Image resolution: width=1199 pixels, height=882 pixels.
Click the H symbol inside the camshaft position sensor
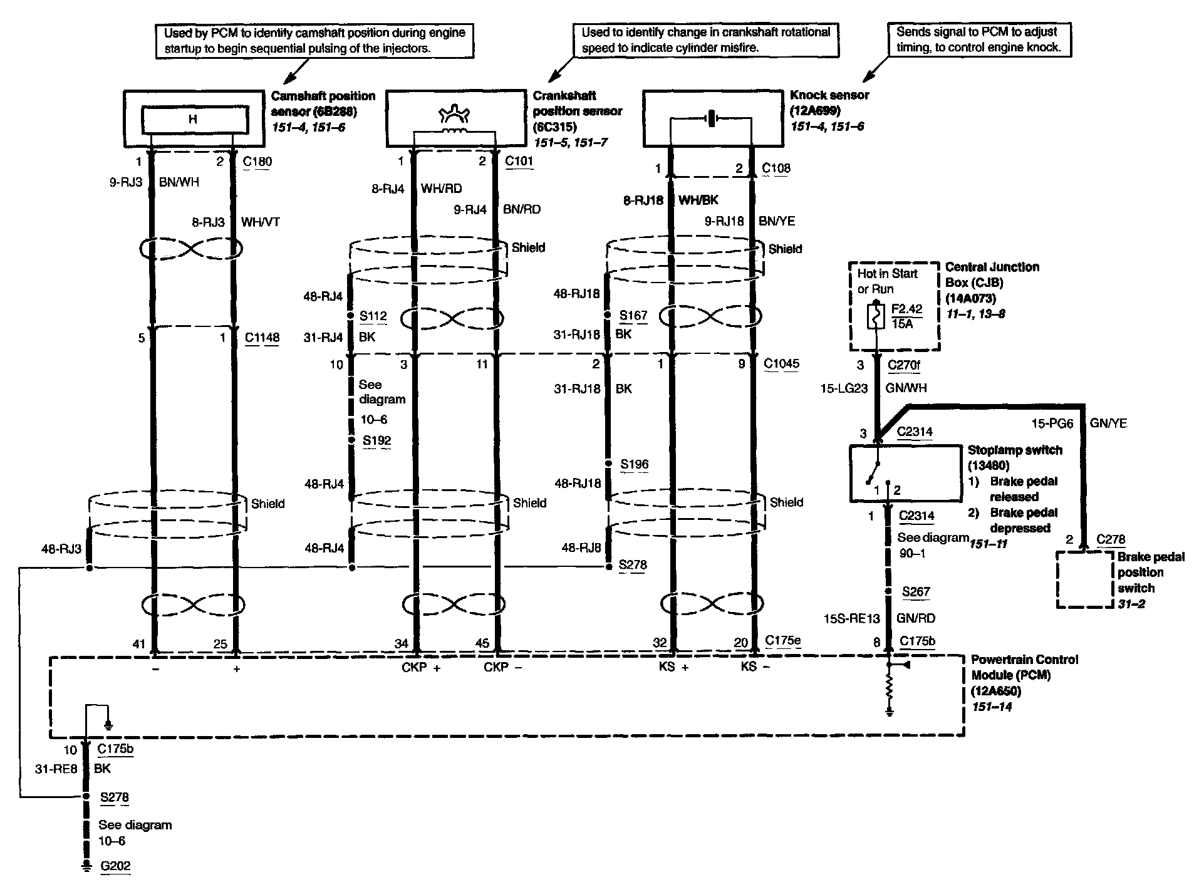point(192,118)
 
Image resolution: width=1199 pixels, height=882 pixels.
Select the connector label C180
point(257,162)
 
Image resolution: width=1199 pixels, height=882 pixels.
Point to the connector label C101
point(519,161)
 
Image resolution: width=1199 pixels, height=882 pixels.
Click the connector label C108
point(776,168)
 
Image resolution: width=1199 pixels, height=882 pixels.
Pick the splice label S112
point(373,316)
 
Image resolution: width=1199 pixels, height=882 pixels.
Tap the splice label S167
point(633,315)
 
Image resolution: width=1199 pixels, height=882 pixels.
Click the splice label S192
point(376,440)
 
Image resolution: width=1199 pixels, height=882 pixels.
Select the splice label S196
point(634,464)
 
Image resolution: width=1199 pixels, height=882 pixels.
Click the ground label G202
point(115,866)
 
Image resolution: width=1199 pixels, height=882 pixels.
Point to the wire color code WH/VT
point(261,222)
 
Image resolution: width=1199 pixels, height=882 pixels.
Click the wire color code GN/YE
point(1108,423)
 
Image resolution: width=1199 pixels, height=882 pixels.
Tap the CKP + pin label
point(421,668)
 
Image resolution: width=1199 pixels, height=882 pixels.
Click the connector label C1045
point(781,363)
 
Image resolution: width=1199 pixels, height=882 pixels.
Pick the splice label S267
point(916,591)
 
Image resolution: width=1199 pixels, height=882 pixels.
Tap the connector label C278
point(1111,539)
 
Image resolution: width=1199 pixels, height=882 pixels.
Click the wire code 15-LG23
point(844,388)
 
